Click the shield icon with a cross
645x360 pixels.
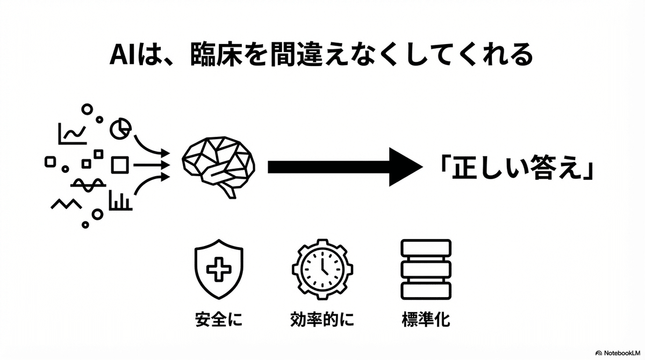click(x=219, y=269)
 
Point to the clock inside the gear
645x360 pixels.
click(x=322, y=270)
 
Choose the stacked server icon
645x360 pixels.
click(x=426, y=269)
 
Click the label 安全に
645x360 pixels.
click(x=219, y=319)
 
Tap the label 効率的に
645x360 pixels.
click(x=322, y=319)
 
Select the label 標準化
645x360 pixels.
click(x=426, y=319)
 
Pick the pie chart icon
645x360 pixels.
click(x=120, y=128)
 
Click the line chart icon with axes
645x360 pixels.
click(x=72, y=134)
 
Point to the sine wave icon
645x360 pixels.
click(x=88, y=185)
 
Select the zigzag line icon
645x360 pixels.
click(x=66, y=204)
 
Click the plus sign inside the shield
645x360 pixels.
click(x=219, y=269)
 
